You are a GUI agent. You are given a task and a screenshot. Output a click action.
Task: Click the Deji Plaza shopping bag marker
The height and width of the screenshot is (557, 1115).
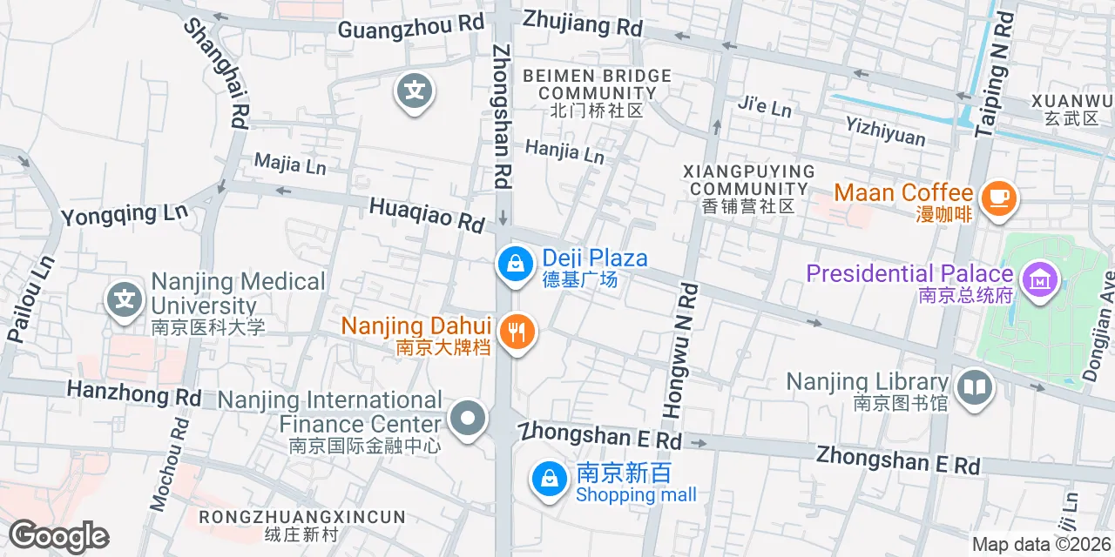pyautogui.click(x=516, y=264)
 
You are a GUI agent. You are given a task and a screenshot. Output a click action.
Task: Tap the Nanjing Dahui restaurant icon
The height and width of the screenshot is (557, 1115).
pyautogui.click(x=517, y=332)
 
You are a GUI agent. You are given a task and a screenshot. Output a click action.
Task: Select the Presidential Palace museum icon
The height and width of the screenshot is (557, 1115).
pyautogui.click(x=1040, y=281)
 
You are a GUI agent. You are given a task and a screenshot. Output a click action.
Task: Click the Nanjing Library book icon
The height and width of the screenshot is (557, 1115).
pyautogui.click(x=975, y=388)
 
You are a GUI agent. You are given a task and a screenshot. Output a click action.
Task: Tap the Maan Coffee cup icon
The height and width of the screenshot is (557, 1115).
pyautogui.click(x=998, y=198)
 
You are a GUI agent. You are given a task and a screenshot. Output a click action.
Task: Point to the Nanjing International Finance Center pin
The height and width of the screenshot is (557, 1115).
pyautogui.click(x=468, y=418)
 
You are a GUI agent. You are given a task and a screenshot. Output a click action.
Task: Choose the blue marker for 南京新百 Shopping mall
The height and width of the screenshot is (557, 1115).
pyautogui.click(x=550, y=479)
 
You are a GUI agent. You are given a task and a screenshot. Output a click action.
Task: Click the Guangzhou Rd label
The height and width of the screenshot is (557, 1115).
pyautogui.click(x=410, y=27)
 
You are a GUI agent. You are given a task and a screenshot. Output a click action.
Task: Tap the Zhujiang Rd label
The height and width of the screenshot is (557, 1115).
pyautogui.click(x=583, y=23)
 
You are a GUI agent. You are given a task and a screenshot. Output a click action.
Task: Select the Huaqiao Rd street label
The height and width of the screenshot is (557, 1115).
pyautogui.click(x=427, y=214)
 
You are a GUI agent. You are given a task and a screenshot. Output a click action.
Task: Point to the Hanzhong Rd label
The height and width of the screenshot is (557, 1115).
pyautogui.click(x=134, y=393)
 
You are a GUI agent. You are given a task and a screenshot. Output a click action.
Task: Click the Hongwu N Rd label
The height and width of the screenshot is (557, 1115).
pyautogui.click(x=680, y=348)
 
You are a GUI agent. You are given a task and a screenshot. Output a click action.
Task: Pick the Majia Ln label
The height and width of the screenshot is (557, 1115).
pyautogui.click(x=290, y=163)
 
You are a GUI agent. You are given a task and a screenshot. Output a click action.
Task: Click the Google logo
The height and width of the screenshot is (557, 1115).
pyautogui.click(x=59, y=537)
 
